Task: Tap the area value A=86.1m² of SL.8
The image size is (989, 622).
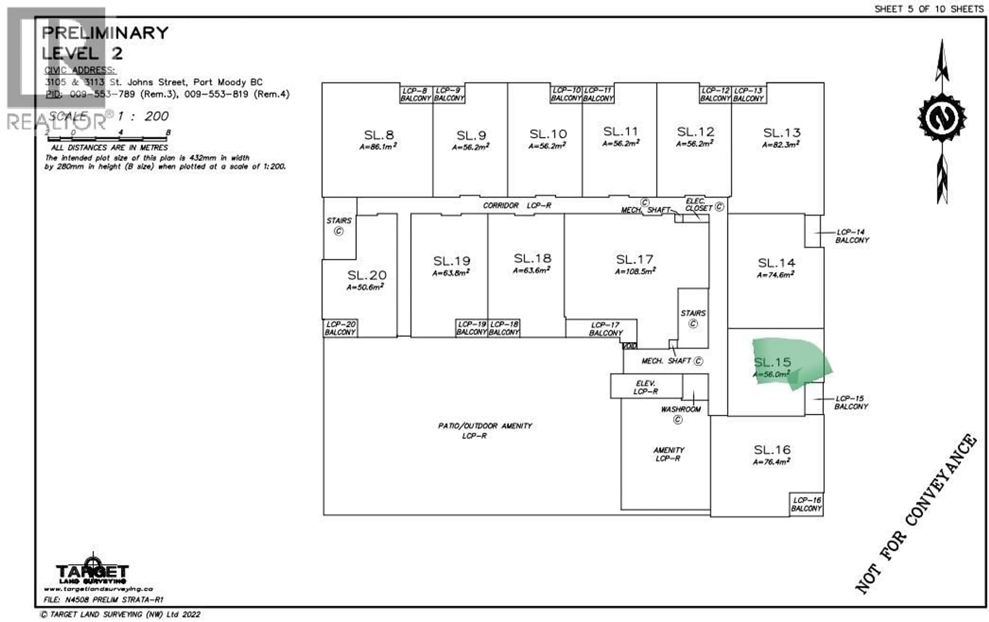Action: [378, 146]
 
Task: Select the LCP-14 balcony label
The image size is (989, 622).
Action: [851, 236]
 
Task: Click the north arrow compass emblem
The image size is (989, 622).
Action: [942, 118]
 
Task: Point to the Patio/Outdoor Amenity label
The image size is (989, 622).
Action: [485, 430]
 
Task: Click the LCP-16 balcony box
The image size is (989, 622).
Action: [806, 504]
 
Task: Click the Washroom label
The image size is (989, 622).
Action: [680, 409]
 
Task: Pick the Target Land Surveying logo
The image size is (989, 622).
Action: [92, 572]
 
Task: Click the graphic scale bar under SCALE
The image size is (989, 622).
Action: [108, 138]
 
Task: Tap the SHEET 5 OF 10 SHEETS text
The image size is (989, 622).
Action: [929, 9]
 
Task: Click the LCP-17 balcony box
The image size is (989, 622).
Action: [606, 329]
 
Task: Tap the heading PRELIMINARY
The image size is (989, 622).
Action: [105, 33]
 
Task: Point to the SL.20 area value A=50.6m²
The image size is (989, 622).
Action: [365, 287]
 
